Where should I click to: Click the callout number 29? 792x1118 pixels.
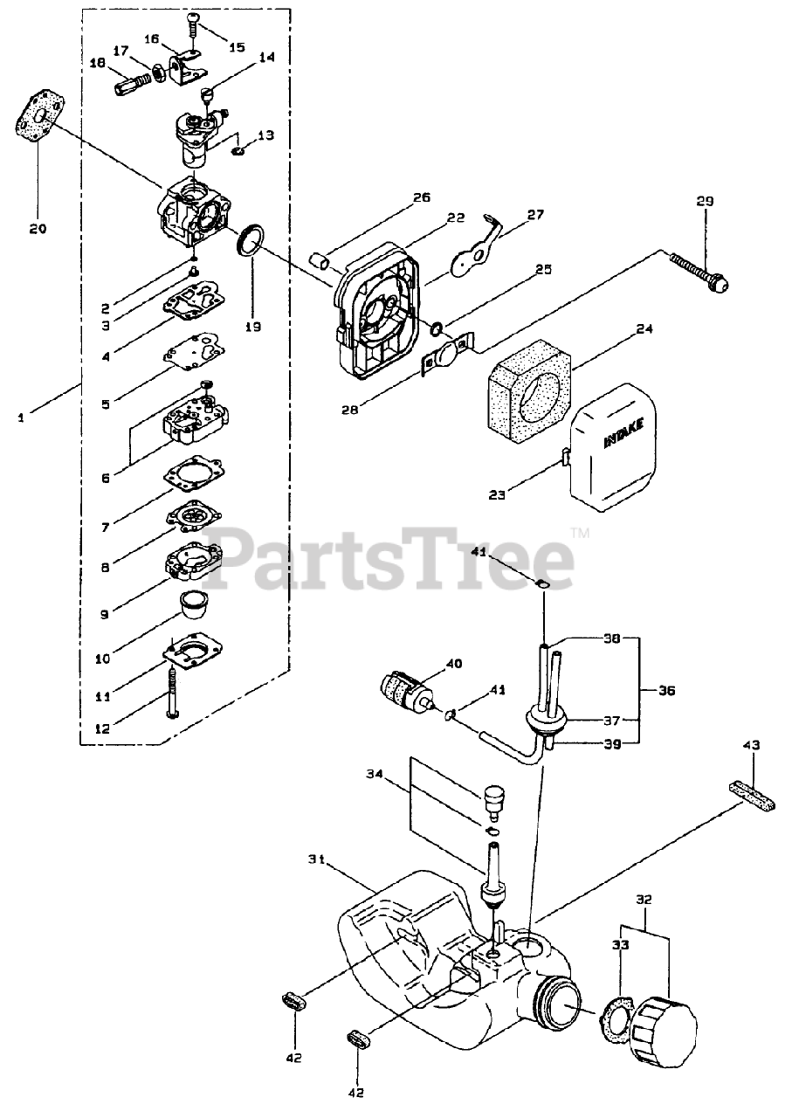pyautogui.click(x=705, y=202)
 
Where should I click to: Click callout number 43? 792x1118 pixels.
pyautogui.click(x=751, y=746)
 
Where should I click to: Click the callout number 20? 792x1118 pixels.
pyautogui.click(x=38, y=229)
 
